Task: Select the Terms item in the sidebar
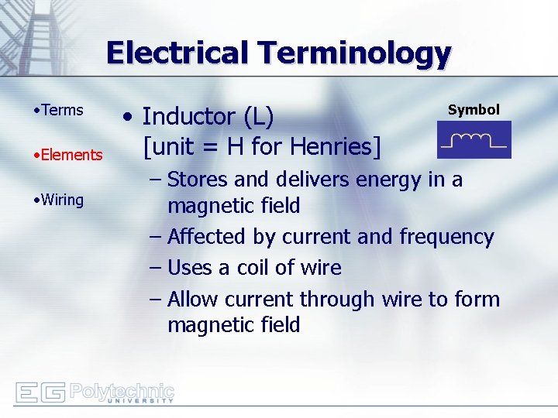tap(62, 110)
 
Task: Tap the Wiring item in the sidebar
tap(62, 200)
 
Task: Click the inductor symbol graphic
tap(474, 141)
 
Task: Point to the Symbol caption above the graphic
tap(474, 110)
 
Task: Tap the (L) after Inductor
tap(258, 117)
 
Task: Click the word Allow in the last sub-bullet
tap(196, 299)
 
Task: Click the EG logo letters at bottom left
tap(40, 392)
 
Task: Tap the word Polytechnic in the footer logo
tap(122, 389)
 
